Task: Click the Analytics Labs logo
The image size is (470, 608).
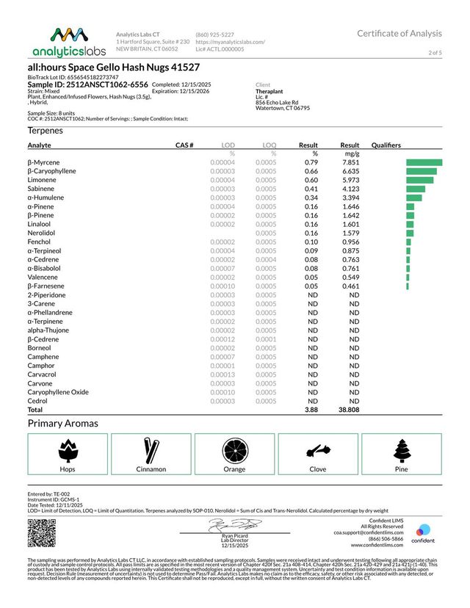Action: pos(67,43)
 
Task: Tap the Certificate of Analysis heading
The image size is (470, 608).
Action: pos(399,33)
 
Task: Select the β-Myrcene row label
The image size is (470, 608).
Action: pos(44,162)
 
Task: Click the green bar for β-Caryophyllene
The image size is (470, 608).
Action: pos(421,171)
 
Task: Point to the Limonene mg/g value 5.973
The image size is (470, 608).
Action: pos(350,180)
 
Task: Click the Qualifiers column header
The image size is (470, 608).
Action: pos(386,145)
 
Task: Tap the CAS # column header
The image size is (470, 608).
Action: pos(184,145)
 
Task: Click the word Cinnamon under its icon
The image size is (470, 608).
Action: pos(151,468)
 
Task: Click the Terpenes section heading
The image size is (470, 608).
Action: pos(46,130)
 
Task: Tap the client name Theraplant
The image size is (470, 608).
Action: pos(270,92)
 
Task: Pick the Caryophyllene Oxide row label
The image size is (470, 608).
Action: pos(58,392)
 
